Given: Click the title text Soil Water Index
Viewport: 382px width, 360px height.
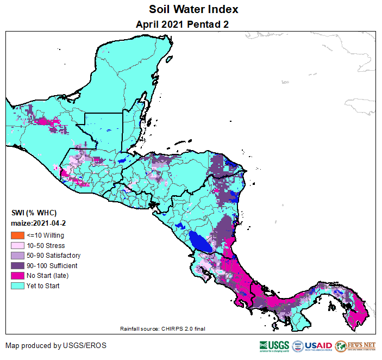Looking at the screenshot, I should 193,10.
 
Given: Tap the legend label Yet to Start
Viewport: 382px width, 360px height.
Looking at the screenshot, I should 43,286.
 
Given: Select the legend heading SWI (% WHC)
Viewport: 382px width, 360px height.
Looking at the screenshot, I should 34,213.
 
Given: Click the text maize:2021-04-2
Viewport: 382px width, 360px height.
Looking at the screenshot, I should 38,224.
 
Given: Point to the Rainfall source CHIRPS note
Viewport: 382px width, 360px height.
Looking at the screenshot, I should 162,329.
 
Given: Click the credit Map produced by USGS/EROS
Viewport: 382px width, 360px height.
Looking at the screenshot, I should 56,345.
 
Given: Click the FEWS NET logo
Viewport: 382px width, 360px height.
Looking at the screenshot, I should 355,346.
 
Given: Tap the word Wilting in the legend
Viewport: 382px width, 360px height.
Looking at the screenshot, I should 53,235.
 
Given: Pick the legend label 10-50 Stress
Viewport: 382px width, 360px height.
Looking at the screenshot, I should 46,246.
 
